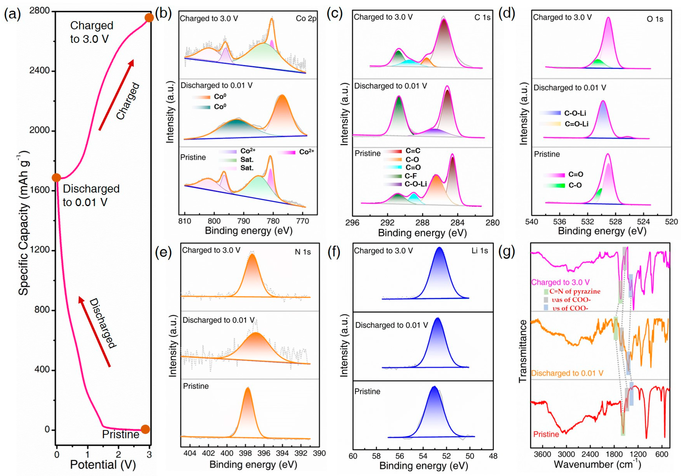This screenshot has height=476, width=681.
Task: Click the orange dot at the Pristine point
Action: tap(145, 429)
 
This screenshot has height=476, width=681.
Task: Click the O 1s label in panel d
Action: tap(655, 19)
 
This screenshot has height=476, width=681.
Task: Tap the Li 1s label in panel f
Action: tap(480, 251)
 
